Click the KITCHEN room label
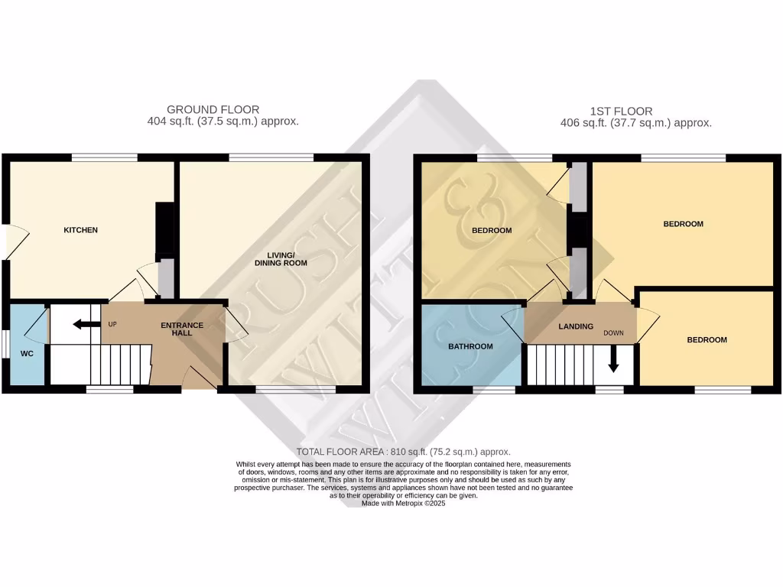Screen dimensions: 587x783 click(80, 230)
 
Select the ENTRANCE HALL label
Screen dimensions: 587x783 click(182, 329)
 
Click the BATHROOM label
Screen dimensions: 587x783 click(470, 346)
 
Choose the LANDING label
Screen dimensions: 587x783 click(576, 326)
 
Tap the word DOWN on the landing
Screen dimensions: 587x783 click(614, 333)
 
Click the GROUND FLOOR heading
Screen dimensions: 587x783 click(213, 110)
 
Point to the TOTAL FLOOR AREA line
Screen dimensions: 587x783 click(403, 452)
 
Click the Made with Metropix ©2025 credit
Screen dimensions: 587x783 click(403, 504)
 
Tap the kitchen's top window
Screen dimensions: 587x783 click(105, 157)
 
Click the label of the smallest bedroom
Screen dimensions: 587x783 click(706, 340)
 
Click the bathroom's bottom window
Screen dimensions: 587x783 click(493, 390)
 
